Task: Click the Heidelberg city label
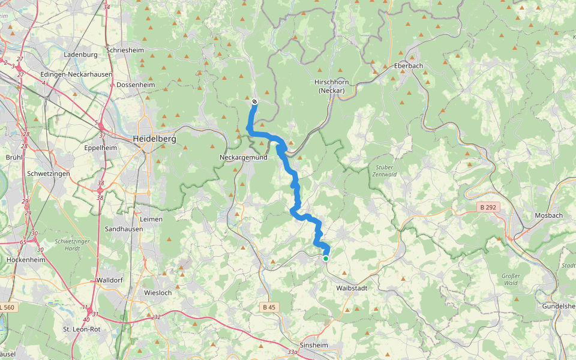coord(154,139)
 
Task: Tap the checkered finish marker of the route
coord(254,101)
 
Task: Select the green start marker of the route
coord(326,259)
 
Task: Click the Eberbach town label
coord(409,66)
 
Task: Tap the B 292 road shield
coord(488,207)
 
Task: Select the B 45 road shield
coord(269,307)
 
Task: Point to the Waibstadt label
coord(352,289)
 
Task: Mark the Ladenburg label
coord(80,55)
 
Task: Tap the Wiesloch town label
coord(158,293)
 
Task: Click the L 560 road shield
coord(7,307)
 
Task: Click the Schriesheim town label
coord(125,50)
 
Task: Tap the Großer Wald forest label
coord(510,279)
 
